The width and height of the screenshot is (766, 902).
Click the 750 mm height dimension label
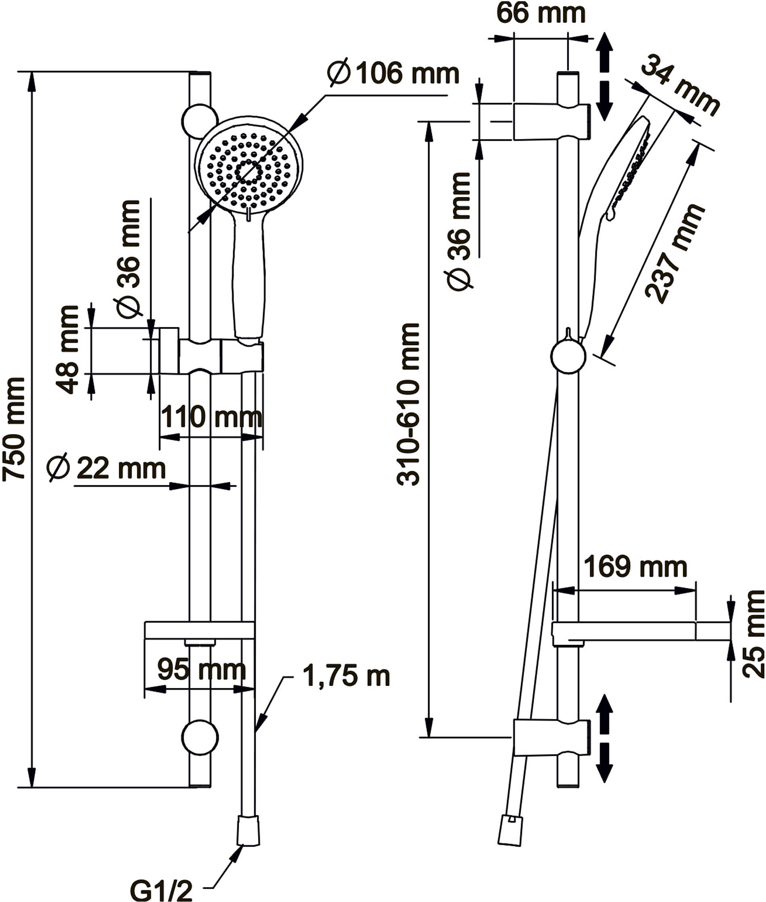[14, 429]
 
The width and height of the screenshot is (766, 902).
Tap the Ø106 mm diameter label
[394, 73]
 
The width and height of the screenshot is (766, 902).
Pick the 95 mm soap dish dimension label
[201, 670]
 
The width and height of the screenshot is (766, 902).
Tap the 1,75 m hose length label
[346, 676]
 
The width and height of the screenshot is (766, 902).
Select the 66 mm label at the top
[541, 13]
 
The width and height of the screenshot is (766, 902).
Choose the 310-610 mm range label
[408, 404]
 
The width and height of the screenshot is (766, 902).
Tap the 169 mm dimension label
[635, 567]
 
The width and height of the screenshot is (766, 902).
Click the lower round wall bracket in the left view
[200, 738]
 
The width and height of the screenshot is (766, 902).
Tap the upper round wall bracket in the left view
[200, 122]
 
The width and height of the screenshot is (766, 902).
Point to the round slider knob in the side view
[568, 356]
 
